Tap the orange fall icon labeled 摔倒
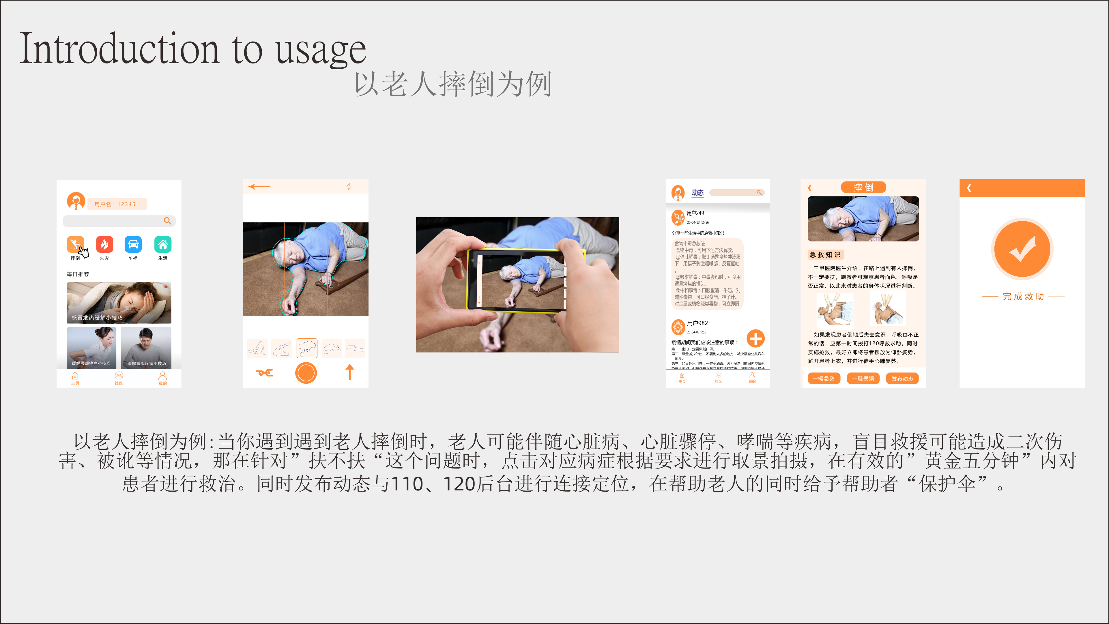[x=75, y=244]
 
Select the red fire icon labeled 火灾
[x=104, y=244]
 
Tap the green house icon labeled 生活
[x=163, y=244]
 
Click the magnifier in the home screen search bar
[x=167, y=221]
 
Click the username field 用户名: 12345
[x=117, y=204]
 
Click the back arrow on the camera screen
[x=259, y=186]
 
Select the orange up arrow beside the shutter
[x=349, y=372]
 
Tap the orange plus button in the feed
[x=755, y=339]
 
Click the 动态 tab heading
[x=697, y=193]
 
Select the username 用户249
[x=695, y=213]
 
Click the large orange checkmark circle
[x=1022, y=249]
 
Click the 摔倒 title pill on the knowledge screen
[x=863, y=187]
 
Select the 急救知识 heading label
[x=825, y=255]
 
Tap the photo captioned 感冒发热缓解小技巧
[x=119, y=303]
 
